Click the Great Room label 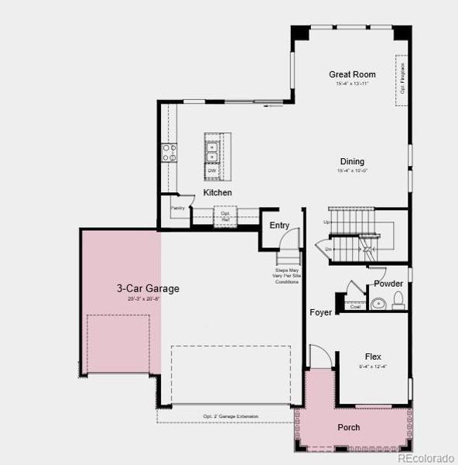[x=352, y=75]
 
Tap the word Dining [x=352, y=162]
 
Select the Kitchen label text [x=217, y=192]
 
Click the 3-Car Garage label [x=148, y=288]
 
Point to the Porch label [x=348, y=427]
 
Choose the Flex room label [x=373, y=357]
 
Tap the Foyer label [x=320, y=312]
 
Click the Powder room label [x=388, y=284]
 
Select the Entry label [x=279, y=226]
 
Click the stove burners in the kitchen [x=169, y=152]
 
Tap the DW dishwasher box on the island [x=211, y=170]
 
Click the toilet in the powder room [x=398, y=301]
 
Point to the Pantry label [x=178, y=208]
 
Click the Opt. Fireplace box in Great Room [x=402, y=79]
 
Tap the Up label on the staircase [x=326, y=222]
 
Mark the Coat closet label [x=355, y=307]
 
